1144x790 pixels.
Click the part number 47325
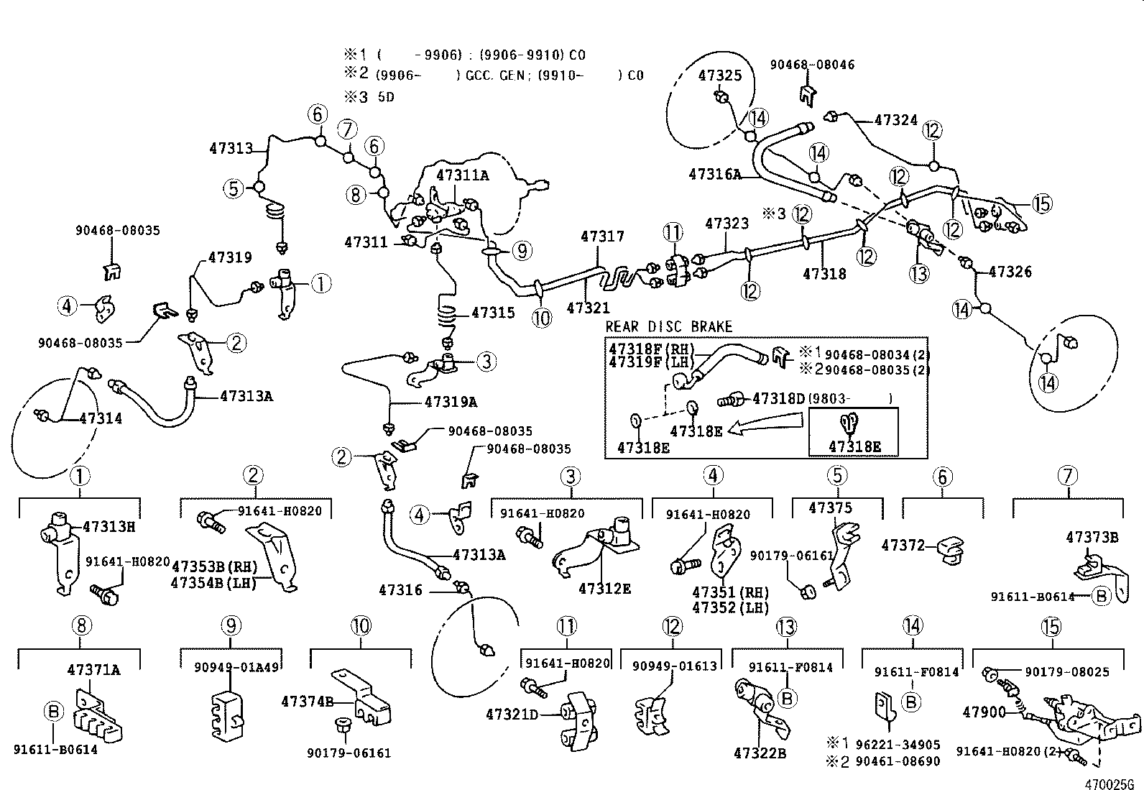720,76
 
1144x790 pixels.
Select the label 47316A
714,174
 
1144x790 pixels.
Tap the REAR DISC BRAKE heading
668,326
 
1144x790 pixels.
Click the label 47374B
307,701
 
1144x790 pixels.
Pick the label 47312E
605,589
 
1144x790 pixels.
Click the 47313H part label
109,526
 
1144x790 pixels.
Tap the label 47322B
760,753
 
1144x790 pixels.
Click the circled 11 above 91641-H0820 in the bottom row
567,626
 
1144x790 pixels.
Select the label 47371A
93,670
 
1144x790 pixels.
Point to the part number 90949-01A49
236,666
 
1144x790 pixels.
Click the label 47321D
512,714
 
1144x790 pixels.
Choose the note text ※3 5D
368,96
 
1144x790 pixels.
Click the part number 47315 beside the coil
493,313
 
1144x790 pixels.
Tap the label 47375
830,508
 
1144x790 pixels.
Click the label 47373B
1092,537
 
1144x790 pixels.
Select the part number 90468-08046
812,65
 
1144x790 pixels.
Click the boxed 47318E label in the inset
854,446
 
